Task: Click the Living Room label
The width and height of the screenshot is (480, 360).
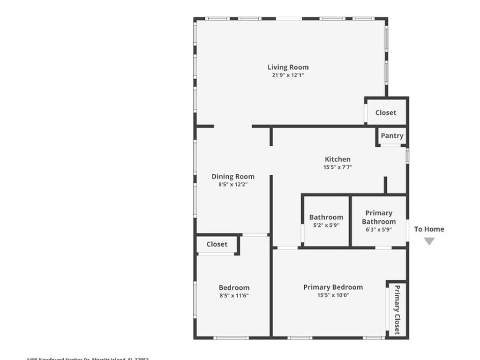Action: [x=288, y=67]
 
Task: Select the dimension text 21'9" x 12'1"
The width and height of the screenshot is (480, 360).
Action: [x=288, y=75]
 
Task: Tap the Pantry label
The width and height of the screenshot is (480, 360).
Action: [x=392, y=135]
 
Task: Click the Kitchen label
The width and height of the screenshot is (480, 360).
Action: [x=337, y=159]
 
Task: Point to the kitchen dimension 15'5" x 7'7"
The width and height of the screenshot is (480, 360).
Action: [x=337, y=167]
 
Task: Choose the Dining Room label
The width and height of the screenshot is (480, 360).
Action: [x=233, y=176]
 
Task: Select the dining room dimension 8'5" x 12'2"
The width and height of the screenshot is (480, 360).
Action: [x=233, y=184]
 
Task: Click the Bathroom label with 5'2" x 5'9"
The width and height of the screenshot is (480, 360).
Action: [x=326, y=217]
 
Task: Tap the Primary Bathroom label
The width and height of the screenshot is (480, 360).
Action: [x=379, y=217]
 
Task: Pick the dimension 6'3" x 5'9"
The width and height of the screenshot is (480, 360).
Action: [x=379, y=230]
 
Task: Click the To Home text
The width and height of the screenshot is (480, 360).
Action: [x=429, y=229]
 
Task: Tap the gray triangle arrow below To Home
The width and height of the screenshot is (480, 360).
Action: [x=429, y=241]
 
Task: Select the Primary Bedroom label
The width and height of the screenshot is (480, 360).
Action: [x=333, y=287]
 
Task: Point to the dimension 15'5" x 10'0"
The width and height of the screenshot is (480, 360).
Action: [x=333, y=295]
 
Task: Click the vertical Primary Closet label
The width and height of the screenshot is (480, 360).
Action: [x=397, y=309]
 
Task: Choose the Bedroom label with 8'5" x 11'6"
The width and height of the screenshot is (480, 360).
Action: [x=234, y=287]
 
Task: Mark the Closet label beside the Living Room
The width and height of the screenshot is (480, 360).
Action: [x=385, y=112]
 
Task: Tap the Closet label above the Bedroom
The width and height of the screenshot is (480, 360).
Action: [x=217, y=244]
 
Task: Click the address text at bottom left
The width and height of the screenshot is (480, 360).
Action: [x=88, y=358]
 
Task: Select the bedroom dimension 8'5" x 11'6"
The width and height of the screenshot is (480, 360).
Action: [x=234, y=295]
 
